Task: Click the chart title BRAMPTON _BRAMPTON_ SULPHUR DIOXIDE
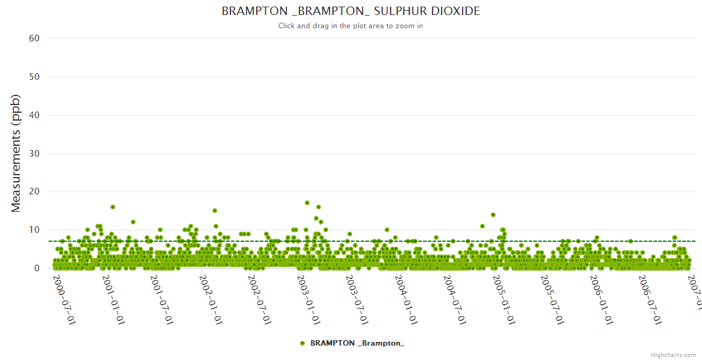click(350, 11)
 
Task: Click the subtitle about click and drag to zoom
click(350, 26)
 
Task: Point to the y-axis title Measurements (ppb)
click(16, 153)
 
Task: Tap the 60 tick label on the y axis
click(34, 38)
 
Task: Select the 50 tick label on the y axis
click(34, 77)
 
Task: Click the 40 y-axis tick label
click(34, 115)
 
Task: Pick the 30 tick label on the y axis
click(34, 154)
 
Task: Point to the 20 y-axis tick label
click(34, 192)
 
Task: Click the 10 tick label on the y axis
click(34, 230)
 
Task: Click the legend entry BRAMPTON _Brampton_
click(352, 343)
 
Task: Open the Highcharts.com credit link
click(673, 355)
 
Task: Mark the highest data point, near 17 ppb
click(307, 203)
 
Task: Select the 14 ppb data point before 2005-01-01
click(493, 214)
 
